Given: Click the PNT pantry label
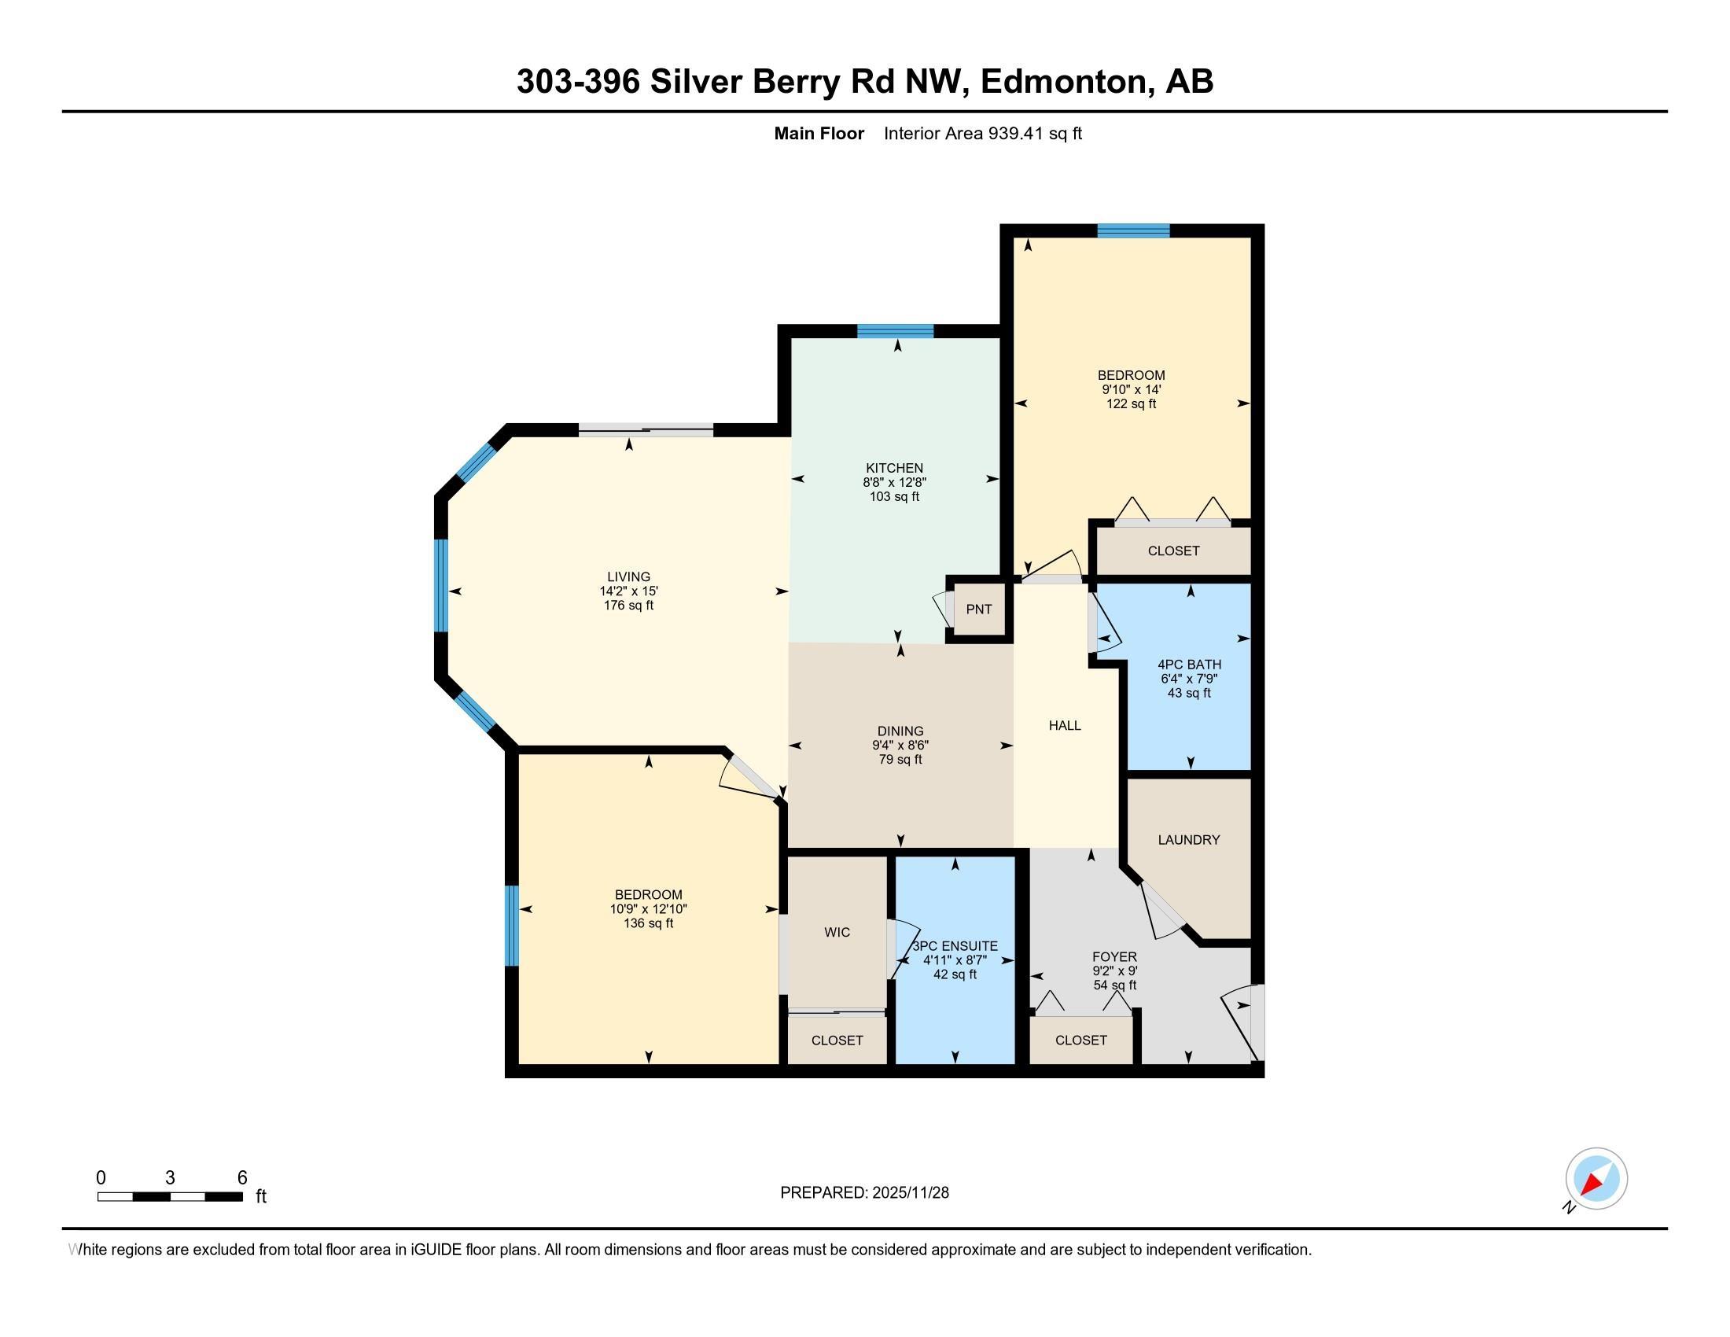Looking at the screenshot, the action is click(979, 609).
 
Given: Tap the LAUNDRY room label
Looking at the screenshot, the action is click(1188, 840).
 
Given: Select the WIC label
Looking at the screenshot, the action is click(837, 932).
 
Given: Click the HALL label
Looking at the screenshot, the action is click(1065, 725).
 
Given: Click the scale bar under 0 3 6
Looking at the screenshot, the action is click(170, 1197).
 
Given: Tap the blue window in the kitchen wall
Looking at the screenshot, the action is click(895, 331).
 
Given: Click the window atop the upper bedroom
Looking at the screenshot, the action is click(1133, 230).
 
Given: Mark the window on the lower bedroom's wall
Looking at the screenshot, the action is click(512, 926).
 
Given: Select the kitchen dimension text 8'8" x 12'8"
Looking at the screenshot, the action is click(894, 482).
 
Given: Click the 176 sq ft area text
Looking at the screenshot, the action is click(628, 605).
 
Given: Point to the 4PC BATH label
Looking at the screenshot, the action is click(1189, 665).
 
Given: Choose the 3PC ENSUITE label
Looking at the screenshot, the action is click(955, 945).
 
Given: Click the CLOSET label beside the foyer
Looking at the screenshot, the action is click(1081, 1040).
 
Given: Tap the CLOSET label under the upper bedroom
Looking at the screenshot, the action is click(1173, 551).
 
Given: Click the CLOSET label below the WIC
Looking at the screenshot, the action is click(837, 1040).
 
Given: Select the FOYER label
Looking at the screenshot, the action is click(1114, 957).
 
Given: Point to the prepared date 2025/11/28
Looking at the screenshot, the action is click(909, 1192).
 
